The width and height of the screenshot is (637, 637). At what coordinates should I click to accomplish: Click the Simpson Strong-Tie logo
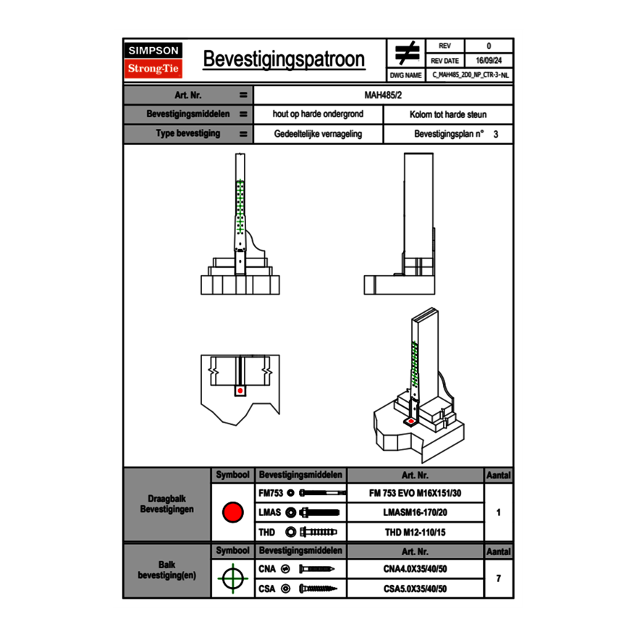point(154,60)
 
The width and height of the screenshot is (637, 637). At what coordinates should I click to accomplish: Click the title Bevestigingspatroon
point(284,59)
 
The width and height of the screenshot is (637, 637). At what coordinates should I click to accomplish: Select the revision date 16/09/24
point(489,61)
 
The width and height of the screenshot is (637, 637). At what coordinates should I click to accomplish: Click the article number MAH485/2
point(383,95)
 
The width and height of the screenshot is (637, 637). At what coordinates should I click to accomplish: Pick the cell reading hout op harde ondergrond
point(318,114)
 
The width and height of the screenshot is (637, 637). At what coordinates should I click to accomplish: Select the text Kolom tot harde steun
point(448,114)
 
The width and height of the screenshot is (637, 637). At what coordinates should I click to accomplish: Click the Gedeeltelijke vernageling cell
point(318,134)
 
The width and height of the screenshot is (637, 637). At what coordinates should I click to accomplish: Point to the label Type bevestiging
point(188,134)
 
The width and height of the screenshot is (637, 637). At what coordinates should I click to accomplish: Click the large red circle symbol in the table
point(232,512)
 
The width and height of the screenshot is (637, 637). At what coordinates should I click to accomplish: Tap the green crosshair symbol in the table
point(232,578)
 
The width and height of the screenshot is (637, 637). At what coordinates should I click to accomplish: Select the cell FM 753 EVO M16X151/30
point(415,493)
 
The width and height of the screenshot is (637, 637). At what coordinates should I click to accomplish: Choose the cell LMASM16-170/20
point(415,512)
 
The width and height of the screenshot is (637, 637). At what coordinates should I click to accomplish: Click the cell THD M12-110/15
point(415,532)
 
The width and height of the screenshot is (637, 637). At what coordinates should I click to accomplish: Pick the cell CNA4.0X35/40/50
point(415,569)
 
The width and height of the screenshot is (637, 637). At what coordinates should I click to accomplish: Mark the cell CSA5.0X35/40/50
point(415,589)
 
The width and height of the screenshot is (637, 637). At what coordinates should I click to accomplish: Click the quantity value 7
point(498,578)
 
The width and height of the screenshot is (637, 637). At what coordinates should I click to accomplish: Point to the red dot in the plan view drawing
point(240,390)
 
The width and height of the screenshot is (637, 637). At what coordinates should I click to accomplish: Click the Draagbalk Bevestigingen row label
point(167,504)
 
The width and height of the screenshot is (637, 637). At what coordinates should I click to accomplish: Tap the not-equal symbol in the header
point(406,54)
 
